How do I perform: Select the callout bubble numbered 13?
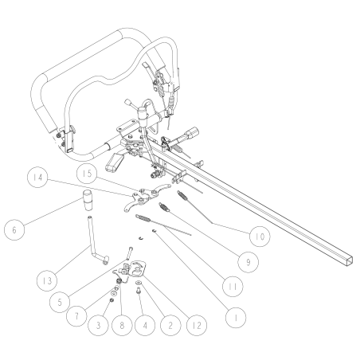[46, 281]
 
